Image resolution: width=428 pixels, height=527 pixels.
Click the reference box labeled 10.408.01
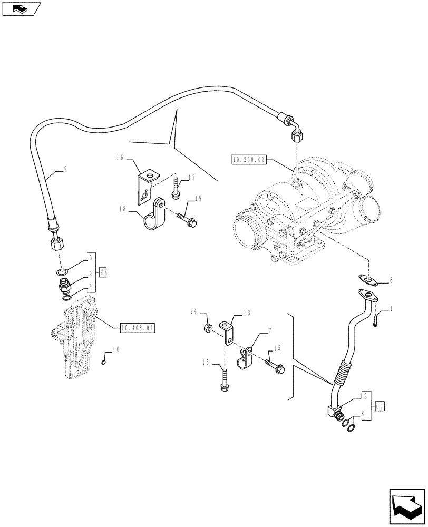(x=137, y=328)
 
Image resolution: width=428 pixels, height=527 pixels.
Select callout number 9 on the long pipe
(x=65, y=169)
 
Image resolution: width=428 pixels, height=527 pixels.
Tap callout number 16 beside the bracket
(x=120, y=157)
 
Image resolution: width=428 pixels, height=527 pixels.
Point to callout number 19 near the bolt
(x=199, y=199)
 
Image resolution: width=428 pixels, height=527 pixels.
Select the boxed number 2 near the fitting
(x=103, y=272)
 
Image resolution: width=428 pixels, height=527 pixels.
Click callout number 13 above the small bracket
(x=245, y=313)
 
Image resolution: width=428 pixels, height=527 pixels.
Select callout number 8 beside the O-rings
(x=362, y=415)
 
